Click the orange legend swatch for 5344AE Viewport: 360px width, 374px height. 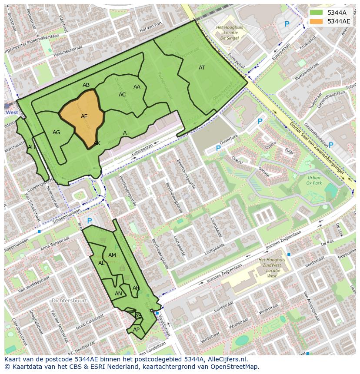pos(317,21)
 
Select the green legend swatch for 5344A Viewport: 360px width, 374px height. pos(317,13)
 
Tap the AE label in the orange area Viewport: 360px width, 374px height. pos(84,116)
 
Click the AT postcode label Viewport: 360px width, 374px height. pos(202,68)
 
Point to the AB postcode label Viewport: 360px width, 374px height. pos(86,85)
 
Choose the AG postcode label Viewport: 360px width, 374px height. pos(56,132)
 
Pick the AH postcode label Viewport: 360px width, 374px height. pos(31,147)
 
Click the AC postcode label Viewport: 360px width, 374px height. pos(122,95)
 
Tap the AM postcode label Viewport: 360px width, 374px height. pos(112,255)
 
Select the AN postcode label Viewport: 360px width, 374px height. pos(118,294)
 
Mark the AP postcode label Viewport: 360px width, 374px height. pos(136,330)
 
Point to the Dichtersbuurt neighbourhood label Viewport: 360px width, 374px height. pos(69,300)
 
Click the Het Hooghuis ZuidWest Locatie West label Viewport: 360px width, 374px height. pos(272,268)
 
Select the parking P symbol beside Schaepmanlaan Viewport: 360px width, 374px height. pos(89,221)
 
